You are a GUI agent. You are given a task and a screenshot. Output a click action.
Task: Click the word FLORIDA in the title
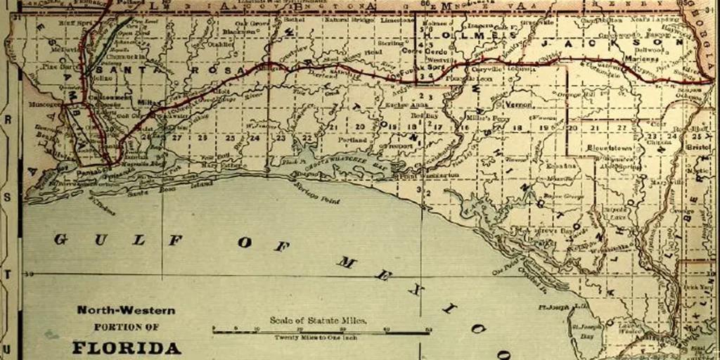point(126,347)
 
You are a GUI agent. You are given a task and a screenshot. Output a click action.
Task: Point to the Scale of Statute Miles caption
point(318,321)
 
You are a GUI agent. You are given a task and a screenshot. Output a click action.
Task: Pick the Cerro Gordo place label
point(420,51)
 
